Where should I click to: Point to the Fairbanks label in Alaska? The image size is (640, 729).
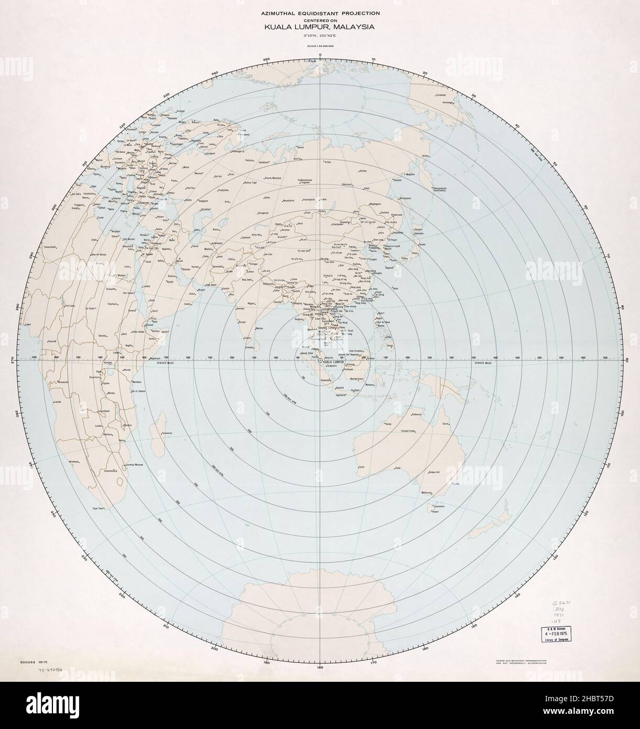click(x=441, y=95)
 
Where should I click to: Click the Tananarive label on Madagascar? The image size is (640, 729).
click(x=167, y=433)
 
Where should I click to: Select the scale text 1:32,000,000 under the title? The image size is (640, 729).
click(x=320, y=46)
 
